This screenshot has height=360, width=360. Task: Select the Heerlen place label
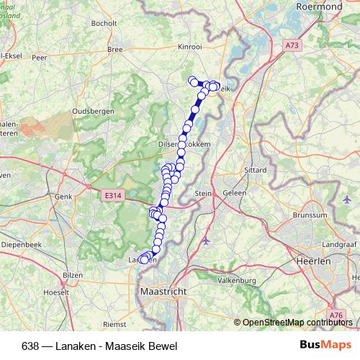click(314, 262)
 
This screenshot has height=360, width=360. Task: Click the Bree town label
click(114, 50)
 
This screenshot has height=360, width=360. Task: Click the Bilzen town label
click(73, 275)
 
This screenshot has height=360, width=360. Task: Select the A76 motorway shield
click(335, 315)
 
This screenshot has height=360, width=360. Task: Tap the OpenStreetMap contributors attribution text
click(298, 323)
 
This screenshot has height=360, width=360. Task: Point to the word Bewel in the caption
click(163, 346)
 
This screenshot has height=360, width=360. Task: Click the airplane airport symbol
click(207, 239)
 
